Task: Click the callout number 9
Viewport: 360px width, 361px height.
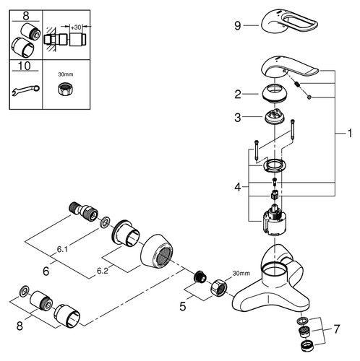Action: [x=238, y=25]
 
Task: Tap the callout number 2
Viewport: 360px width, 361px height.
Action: [x=238, y=94]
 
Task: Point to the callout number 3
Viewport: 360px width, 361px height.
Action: [x=238, y=118]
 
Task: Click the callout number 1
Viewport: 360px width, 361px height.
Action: [x=350, y=134]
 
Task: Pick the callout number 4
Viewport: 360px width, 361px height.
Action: [x=238, y=187]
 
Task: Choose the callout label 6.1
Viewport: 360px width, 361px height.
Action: [x=62, y=250]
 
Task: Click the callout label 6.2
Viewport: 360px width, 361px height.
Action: [x=103, y=271]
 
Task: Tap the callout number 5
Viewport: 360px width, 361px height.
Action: [x=183, y=306]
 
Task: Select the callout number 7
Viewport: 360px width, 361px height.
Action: [x=337, y=329]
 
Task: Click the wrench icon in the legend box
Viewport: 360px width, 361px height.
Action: [x=26, y=90]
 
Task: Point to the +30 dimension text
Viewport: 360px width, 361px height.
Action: [x=76, y=27]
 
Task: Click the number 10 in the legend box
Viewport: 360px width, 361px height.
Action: [x=25, y=66]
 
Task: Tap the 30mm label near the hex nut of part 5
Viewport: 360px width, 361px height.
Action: [x=241, y=273]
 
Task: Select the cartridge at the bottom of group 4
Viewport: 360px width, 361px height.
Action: [x=275, y=221]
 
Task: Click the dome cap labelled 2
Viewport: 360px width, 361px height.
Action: [x=274, y=93]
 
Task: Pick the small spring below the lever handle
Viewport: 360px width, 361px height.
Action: [x=298, y=85]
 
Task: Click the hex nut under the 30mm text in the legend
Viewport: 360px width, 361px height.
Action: [x=64, y=89]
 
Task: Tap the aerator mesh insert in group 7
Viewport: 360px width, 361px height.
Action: [x=304, y=332]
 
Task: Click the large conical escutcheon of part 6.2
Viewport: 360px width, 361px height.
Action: [x=157, y=251]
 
